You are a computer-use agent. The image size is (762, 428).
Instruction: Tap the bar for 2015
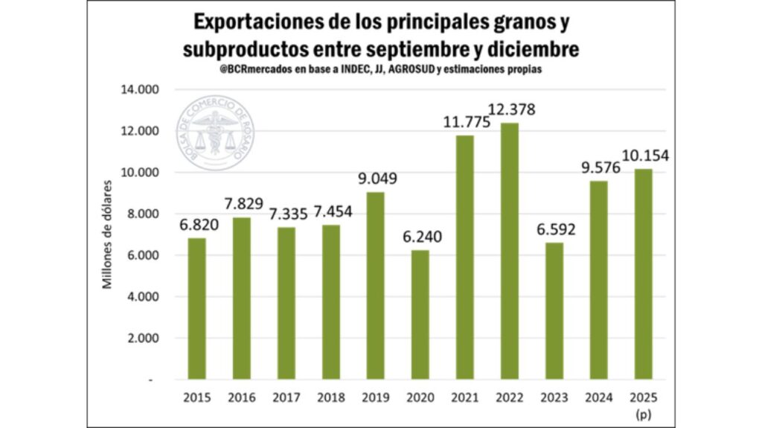[x=196, y=309]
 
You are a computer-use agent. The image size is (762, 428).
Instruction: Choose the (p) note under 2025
[x=644, y=412]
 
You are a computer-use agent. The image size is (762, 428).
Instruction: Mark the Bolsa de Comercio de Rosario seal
[x=214, y=132]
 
